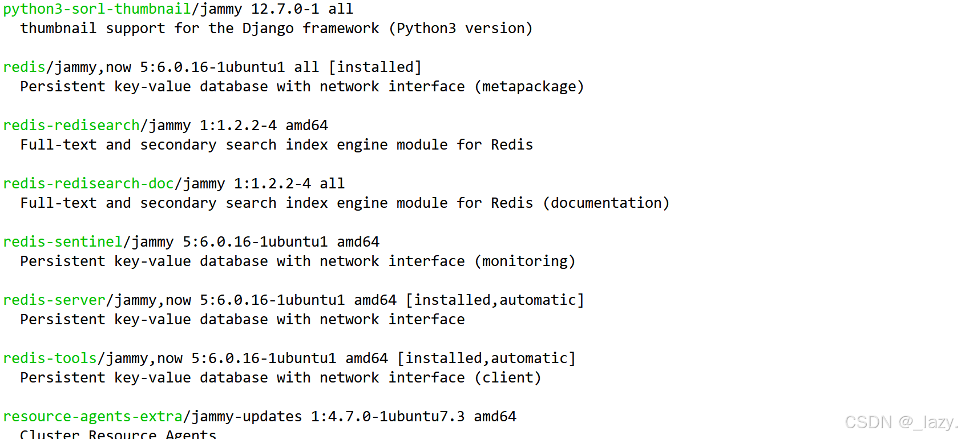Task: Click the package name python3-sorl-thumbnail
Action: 96,9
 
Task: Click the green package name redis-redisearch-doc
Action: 88,184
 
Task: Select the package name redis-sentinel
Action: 62,242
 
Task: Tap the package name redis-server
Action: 54,300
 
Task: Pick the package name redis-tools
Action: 50,359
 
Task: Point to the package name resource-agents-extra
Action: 92,417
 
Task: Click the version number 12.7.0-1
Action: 285,9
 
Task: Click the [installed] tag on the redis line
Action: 375,67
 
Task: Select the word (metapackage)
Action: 529,87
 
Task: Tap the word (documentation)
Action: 606,203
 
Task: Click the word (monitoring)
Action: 525,261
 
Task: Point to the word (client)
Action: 508,378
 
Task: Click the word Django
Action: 268,29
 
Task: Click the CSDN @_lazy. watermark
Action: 901,422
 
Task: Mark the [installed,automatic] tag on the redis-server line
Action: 495,300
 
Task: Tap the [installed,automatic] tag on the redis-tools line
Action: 486,359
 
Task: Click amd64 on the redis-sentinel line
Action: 358,242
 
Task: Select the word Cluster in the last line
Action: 50,434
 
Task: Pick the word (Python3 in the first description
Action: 422,29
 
